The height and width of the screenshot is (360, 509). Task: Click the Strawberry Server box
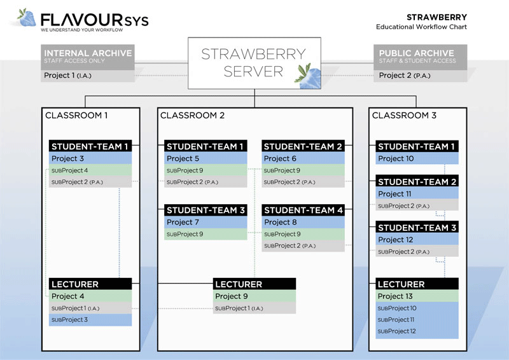(x=254, y=62)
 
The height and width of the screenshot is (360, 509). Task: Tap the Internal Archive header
(x=88, y=56)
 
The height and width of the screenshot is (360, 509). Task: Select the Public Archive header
(x=420, y=56)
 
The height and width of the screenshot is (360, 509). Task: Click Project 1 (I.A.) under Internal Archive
(x=88, y=76)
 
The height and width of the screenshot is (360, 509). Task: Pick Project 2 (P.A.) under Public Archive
(x=420, y=76)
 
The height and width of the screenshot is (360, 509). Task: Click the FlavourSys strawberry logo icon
(x=27, y=18)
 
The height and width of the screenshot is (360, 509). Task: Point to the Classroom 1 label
(x=76, y=116)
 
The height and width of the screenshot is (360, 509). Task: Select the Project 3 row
(x=90, y=158)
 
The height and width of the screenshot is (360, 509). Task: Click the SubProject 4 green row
(x=90, y=170)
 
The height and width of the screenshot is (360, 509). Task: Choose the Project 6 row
(x=303, y=158)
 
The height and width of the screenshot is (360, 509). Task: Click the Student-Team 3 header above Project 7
(x=206, y=210)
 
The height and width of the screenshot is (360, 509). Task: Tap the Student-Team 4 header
(x=303, y=210)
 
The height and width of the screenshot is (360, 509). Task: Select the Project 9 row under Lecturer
(x=254, y=296)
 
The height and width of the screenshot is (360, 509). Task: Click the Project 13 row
(x=417, y=296)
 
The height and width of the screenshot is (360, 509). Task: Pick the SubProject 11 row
(x=417, y=320)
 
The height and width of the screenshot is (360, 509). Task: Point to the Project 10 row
(x=417, y=158)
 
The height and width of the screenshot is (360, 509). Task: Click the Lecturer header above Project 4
(x=90, y=284)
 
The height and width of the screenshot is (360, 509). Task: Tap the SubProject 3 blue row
(x=90, y=320)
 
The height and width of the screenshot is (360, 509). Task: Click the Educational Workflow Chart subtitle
(x=421, y=27)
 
